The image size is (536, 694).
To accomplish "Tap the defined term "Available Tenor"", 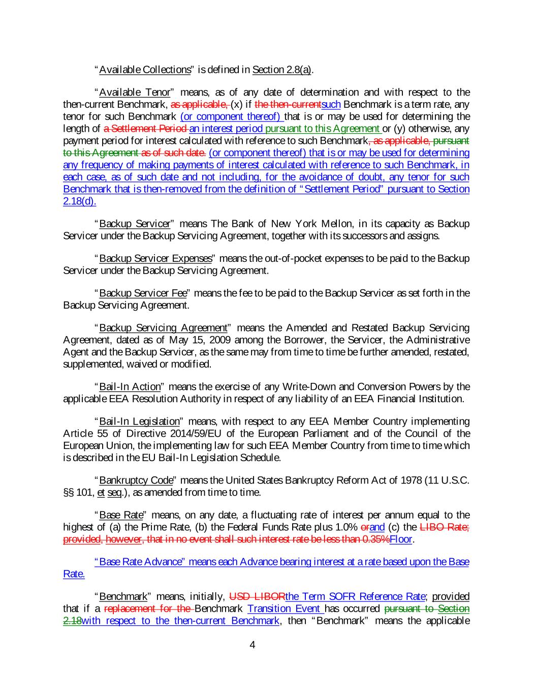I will tap(135, 93).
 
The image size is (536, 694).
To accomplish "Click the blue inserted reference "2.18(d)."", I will tap(80, 201).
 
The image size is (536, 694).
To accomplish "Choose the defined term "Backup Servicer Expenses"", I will tap(155, 258).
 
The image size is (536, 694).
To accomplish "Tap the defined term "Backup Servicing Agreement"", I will tap(163, 327).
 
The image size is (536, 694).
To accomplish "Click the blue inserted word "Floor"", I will tap(401, 539).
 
